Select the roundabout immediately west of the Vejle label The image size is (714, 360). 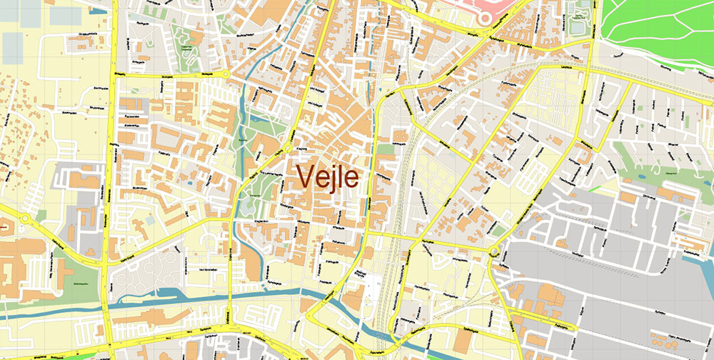pyautogui.click(x=287, y=148)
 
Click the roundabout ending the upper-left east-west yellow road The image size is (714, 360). pyautogui.click(x=226, y=74)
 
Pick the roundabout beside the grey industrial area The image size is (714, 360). pyautogui.click(x=493, y=251)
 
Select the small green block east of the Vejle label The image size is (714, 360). pyautogui.click(x=386, y=149)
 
